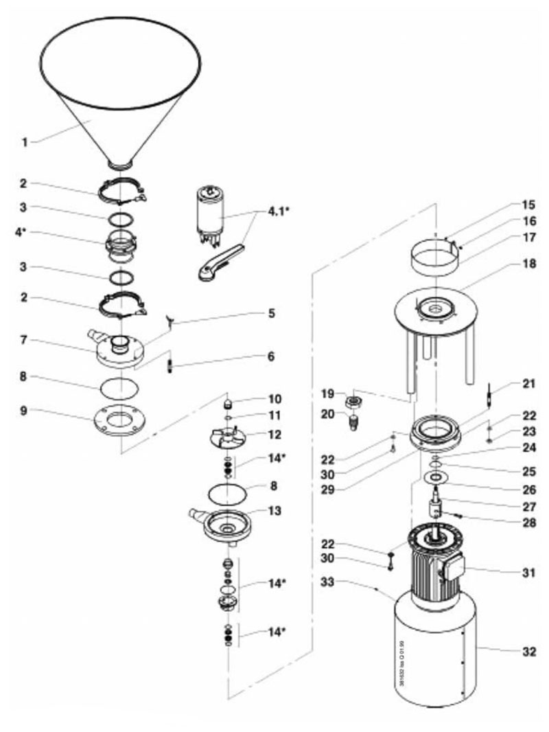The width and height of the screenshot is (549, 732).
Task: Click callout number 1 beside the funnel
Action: coord(25,142)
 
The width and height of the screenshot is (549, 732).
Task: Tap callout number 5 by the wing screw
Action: coord(272,314)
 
